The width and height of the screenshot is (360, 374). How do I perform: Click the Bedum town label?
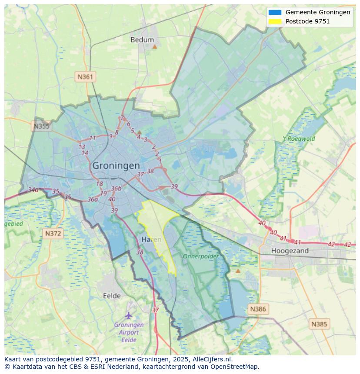tap(142, 40)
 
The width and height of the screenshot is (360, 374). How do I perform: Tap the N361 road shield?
tap(85, 77)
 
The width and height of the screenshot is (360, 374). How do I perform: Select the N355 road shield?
tap(41, 126)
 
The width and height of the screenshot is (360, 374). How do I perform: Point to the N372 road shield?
tap(53, 234)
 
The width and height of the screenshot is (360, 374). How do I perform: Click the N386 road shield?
tap(257, 309)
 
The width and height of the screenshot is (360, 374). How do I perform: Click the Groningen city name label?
tap(116, 165)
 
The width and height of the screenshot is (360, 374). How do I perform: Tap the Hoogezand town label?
tap(290, 251)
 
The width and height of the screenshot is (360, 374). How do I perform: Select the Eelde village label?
tap(112, 296)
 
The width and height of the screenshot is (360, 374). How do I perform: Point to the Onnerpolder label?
tap(200, 256)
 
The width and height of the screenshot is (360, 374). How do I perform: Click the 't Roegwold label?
tap(299, 139)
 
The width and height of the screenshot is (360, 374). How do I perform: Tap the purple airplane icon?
tap(129, 315)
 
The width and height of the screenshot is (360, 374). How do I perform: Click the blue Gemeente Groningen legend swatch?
tap(275, 12)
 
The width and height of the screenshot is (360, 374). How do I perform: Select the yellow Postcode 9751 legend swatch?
tap(275, 21)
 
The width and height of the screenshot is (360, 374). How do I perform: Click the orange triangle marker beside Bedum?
tap(154, 46)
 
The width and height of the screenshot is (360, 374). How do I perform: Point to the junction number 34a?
tap(33, 190)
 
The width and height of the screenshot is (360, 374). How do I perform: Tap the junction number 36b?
tap(116, 188)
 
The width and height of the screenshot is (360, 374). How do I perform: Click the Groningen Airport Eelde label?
tap(129, 332)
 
